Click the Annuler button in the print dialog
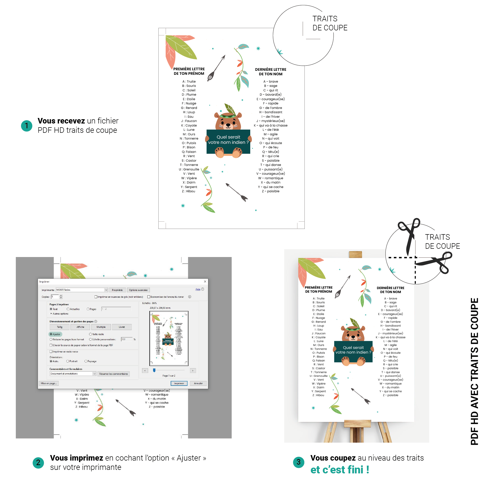coord(198,383)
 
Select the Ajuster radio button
coord(51,334)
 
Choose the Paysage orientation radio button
coord(86,361)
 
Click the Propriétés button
coord(117,290)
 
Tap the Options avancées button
coord(138,290)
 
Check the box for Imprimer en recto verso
coord(51,352)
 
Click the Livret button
coord(121,327)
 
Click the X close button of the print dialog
coord(205,281)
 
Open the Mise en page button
coord(49,383)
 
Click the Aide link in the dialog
coord(198,289)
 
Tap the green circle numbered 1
coord(27,126)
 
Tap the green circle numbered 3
coord(298,462)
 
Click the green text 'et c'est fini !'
coord(340,470)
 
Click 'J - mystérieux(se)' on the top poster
coord(271,121)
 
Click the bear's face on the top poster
coord(228,123)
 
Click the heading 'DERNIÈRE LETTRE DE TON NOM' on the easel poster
coord(390,290)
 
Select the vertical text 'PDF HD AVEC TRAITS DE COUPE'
coord(474,371)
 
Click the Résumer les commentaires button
coord(113,374)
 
